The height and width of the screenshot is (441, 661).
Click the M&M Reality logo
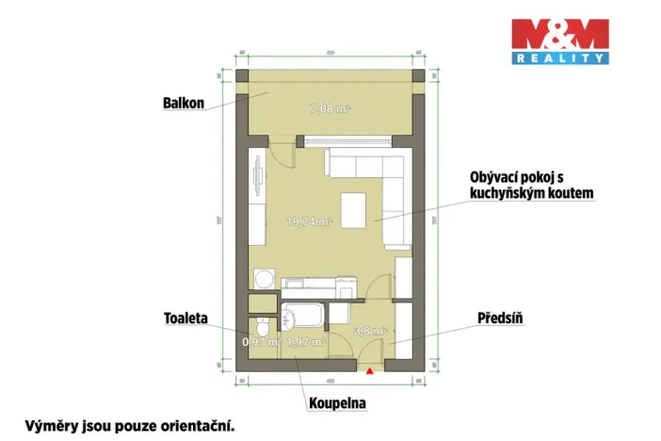(x=559, y=41)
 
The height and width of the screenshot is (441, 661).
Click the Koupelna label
(x=336, y=403)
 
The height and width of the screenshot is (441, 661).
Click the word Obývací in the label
(x=496, y=176)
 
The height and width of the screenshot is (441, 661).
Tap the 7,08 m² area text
(x=330, y=108)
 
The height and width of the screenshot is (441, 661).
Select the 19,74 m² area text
(x=310, y=222)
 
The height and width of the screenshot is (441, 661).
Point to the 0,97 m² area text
(x=261, y=341)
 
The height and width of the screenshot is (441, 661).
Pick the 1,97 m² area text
(x=305, y=341)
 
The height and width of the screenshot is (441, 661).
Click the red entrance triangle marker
(x=370, y=371)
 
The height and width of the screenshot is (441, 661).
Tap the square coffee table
(x=355, y=209)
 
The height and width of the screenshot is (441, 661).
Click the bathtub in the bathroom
(x=302, y=314)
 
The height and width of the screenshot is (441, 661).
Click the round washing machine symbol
(x=263, y=279)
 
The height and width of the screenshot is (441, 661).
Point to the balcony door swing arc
(x=279, y=153)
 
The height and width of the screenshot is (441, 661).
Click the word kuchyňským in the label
(x=503, y=192)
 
